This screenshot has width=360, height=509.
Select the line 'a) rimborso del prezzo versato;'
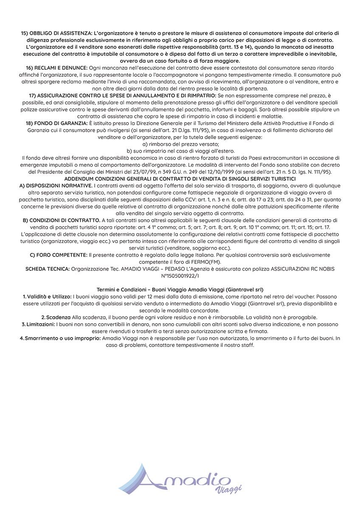pyautogui.click(x=180, y=144)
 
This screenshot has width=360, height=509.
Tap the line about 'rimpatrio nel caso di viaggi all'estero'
pyautogui.click(x=180, y=151)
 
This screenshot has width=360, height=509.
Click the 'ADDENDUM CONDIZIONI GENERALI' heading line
pyautogui.click(x=180, y=179)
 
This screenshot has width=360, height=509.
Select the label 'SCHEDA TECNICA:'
pyautogui.click(x=48, y=268)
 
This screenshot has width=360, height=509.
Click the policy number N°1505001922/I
pyautogui.click(x=180, y=275)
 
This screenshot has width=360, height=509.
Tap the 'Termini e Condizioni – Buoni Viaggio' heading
pyautogui.click(x=180, y=289)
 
